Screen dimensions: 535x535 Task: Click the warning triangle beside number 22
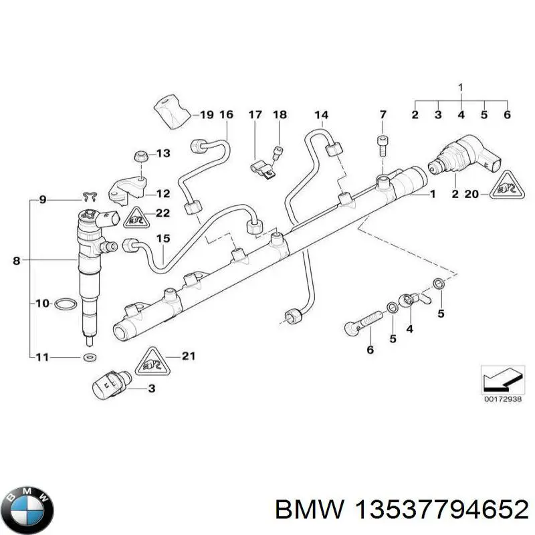(x=135, y=217)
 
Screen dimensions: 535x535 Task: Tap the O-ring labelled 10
(x=64, y=304)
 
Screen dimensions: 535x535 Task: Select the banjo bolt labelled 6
(x=357, y=328)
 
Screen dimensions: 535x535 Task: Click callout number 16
(x=226, y=115)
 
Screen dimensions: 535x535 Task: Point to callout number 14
(x=322, y=114)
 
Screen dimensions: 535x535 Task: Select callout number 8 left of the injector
(x=17, y=261)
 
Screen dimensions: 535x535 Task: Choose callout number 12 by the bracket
(x=163, y=194)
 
